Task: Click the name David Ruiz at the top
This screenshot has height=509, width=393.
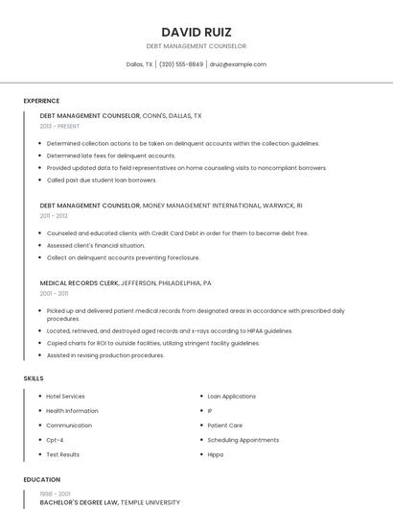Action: pos(196,32)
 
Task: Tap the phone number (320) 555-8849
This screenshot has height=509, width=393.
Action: pos(181,64)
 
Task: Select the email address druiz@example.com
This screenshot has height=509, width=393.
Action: pos(238,64)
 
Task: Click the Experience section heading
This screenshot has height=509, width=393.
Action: pos(41,101)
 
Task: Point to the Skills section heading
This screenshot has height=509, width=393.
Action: pos(34,378)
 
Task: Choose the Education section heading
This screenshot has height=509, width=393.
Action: pos(42,479)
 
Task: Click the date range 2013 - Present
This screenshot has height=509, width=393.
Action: pos(59,126)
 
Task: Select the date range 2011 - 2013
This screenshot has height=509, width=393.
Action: pos(54,216)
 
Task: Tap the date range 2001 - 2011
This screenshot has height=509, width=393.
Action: pos(54,294)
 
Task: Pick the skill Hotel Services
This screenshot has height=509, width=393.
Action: pos(65,396)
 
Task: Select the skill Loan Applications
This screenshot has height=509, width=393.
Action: pos(231,396)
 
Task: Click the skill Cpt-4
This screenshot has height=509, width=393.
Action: pos(55,440)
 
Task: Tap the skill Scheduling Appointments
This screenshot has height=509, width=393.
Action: pos(243,440)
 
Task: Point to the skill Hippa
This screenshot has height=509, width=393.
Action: pos(216,454)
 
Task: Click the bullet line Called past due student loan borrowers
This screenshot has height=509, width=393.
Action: pos(102,180)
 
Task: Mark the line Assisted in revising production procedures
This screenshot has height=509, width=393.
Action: pos(105,355)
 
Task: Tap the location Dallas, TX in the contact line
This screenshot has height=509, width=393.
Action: pos(139,64)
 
